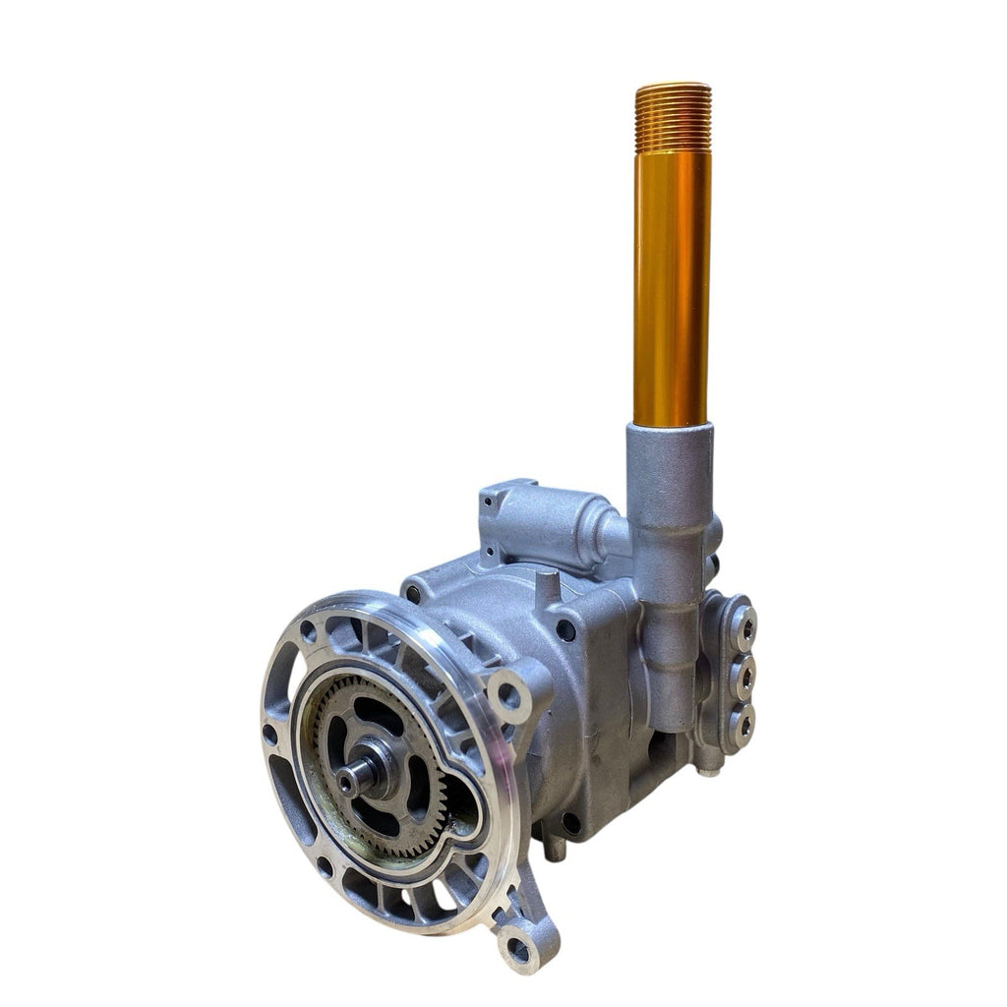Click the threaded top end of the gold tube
coord(673,116)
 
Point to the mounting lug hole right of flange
coord(507,694)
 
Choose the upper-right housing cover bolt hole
coord(567,629)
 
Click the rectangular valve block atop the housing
coord(546,523)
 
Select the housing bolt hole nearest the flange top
coord(414,593)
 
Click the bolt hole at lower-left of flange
coord(325,865)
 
